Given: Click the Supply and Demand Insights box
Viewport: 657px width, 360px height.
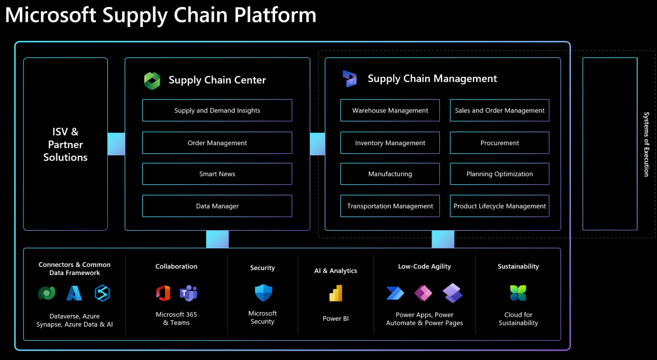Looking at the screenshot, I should tap(217, 111).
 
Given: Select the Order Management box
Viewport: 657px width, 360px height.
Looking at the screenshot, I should tap(217, 143).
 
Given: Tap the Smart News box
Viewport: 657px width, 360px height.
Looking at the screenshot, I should tap(217, 174).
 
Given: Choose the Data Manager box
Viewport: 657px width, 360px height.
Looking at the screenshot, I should tap(217, 206).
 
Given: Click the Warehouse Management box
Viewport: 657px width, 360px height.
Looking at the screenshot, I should tap(390, 111).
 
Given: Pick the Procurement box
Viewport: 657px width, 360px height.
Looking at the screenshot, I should tap(499, 143).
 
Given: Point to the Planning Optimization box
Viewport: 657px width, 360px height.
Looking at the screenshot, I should tap(499, 174).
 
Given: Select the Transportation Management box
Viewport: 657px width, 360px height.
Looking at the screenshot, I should tap(390, 206).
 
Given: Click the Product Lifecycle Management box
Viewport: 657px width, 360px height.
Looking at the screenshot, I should tap(499, 206).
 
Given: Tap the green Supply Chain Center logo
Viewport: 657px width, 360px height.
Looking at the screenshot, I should tap(152, 81).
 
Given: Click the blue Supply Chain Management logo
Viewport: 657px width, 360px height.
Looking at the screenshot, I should tap(350, 78).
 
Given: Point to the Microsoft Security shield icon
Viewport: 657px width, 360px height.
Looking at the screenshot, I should tap(262, 293).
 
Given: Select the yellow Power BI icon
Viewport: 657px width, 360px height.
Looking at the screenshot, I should tap(336, 294).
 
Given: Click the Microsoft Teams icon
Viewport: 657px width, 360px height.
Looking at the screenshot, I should tap(189, 293).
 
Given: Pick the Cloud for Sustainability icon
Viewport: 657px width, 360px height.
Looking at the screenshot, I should tap(518, 293).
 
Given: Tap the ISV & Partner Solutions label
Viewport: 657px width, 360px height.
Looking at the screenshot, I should tap(66, 145).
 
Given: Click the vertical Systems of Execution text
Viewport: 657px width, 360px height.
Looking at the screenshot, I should tap(646, 144).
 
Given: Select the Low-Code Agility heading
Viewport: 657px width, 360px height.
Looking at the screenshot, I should tap(425, 266).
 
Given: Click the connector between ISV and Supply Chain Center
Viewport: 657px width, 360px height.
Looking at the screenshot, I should tap(116, 144).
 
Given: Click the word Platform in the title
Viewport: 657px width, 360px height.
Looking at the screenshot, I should tap(276, 15).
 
